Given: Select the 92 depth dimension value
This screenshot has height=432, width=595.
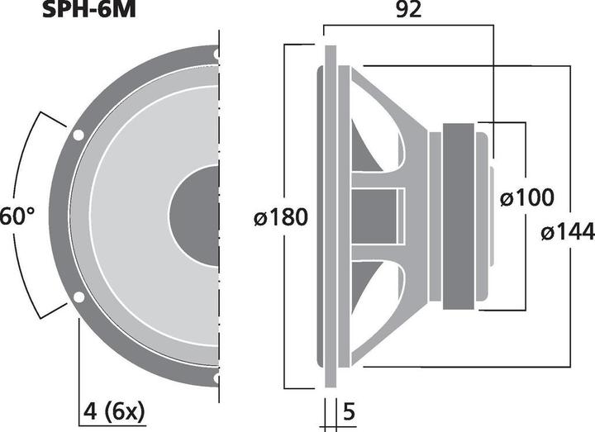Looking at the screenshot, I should point(408,11).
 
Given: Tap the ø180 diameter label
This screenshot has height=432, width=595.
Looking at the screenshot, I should point(281,217).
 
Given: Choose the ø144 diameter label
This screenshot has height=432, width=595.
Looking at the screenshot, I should point(568,233).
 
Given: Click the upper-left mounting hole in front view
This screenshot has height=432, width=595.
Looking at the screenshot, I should point(78,135).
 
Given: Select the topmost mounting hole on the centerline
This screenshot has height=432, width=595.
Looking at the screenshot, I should point(217,55).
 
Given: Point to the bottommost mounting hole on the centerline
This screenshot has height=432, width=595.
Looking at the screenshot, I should point(217,377).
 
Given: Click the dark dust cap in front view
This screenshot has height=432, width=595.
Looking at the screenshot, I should point(196,216).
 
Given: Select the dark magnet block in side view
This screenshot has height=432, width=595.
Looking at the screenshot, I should point(459,216).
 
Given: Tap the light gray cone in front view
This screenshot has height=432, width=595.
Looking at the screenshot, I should point(124,216).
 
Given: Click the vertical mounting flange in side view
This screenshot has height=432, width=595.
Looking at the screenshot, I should point(329,216).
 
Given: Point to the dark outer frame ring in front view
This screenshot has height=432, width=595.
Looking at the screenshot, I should point(58,216).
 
